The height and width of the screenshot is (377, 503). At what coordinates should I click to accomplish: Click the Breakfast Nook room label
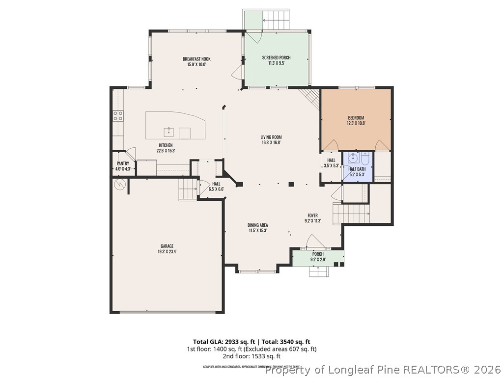[196, 59]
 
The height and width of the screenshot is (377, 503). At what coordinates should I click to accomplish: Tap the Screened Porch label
[276, 57]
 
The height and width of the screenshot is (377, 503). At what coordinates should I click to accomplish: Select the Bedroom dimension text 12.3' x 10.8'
[356, 123]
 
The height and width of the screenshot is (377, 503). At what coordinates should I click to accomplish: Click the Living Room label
[271, 137]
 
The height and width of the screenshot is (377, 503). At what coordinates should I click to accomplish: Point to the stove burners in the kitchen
[118, 116]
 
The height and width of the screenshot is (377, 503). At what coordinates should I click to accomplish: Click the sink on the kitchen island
[168, 132]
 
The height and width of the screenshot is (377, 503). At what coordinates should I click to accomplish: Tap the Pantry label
[123, 163]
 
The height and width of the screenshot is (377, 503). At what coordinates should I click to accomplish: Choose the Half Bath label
[357, 169]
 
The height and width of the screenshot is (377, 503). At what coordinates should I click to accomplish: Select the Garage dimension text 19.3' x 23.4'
[167, 252]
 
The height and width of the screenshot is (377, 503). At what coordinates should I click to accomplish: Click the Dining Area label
[257, 225]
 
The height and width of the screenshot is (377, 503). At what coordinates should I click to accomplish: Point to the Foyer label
[312, 215]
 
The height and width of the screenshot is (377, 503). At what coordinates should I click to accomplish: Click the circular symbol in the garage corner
[119, 185]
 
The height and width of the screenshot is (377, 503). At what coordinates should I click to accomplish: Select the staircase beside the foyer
[352, 214]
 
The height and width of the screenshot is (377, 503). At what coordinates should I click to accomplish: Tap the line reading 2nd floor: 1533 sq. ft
[251, 356]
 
